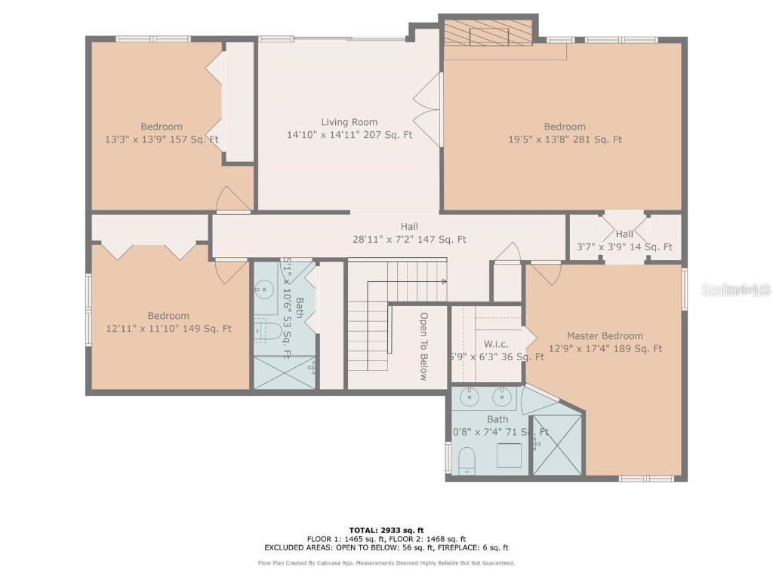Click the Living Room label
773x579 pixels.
(x=349, y=122)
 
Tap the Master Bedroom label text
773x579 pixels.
(x=605, y=336)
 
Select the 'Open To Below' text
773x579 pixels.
(x=423, y=346)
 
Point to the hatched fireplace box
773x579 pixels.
(x=488, y=34)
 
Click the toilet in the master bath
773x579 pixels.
(x=467, y=460)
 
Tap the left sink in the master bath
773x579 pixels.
(x=470, y=396)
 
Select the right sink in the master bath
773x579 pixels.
(x=500, y=396)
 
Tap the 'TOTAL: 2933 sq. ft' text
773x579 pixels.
(x=386, y=530)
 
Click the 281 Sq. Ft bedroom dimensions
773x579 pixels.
(x=565, y=139)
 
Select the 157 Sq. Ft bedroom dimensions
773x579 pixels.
(x=162, y=139)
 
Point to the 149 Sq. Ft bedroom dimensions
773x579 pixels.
(x=168, y=329)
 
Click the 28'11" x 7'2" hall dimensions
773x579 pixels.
(x=409, y=240)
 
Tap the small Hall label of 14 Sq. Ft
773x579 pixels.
(x=624, y=234)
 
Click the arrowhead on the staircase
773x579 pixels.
(x=444, y=281)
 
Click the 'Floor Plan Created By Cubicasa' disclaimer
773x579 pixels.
(x=386, y=563)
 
